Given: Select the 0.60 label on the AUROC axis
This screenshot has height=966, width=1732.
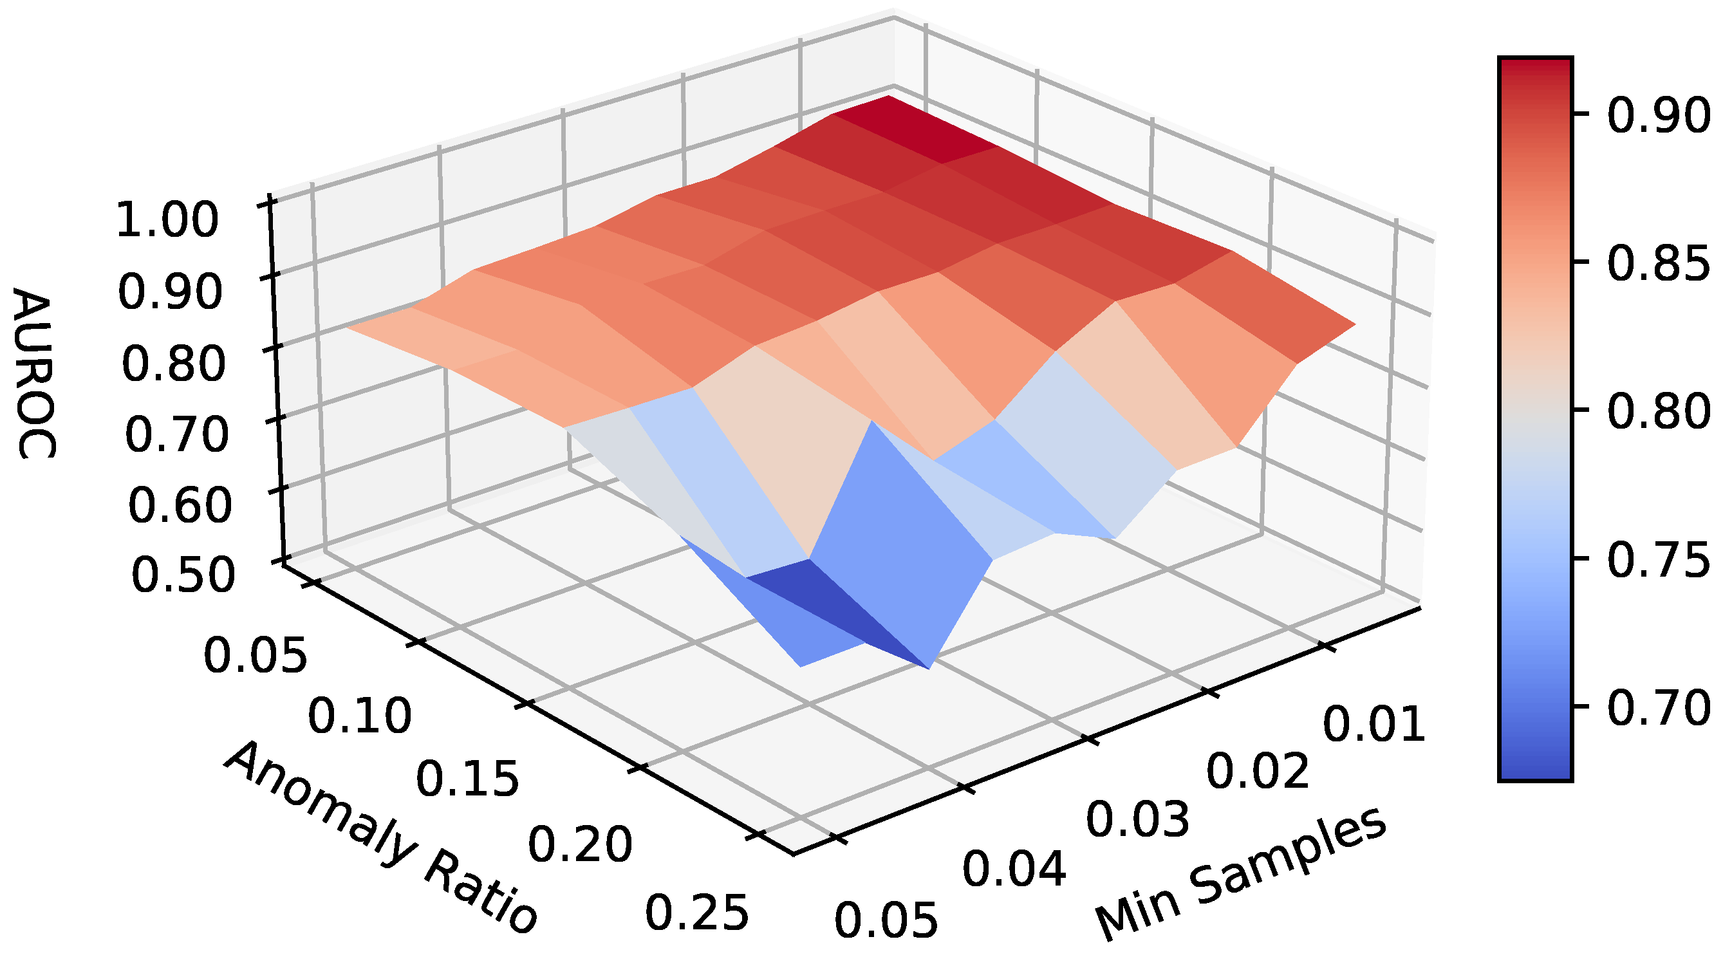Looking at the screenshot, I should click(x=180, y=505).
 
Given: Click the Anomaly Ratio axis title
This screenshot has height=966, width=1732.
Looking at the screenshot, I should click(x=380, y=837).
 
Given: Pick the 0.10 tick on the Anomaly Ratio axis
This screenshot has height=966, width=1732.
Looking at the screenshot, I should click(x=359, y=715).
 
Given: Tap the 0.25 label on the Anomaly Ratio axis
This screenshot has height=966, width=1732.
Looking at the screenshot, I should click(x=696, y=912).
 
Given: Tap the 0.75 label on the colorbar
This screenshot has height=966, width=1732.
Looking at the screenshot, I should click(x=1658, y=559).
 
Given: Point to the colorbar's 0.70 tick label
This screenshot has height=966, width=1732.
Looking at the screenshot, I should click(x=1658, y=707).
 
